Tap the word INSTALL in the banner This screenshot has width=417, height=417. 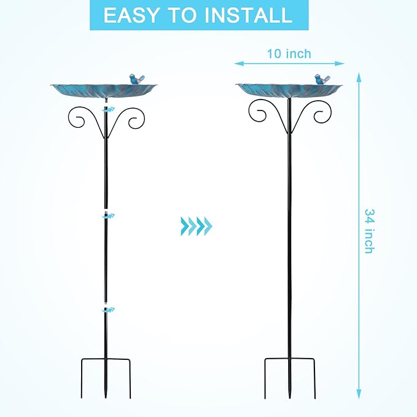pos(248,15)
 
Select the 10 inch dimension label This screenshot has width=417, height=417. pos(289,53)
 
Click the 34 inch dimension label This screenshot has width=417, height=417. pos(369,231)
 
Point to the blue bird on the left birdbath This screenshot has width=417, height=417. pos(137,79)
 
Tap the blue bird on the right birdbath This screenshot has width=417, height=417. pos(322,79)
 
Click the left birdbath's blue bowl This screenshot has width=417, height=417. pos(104,91)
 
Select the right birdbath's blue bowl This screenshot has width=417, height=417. pos(289,91)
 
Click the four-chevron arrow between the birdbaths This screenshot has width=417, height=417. pos(197,226)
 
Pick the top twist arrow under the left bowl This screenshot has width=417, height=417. pos(109,109)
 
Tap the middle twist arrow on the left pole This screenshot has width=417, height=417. pos(109,216)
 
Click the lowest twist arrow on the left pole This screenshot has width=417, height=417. pos(108,310)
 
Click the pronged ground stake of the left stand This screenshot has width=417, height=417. pos(106,378)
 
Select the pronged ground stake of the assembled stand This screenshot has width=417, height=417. pos(290,378)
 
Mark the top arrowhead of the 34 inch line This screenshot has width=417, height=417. pos(359,77)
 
